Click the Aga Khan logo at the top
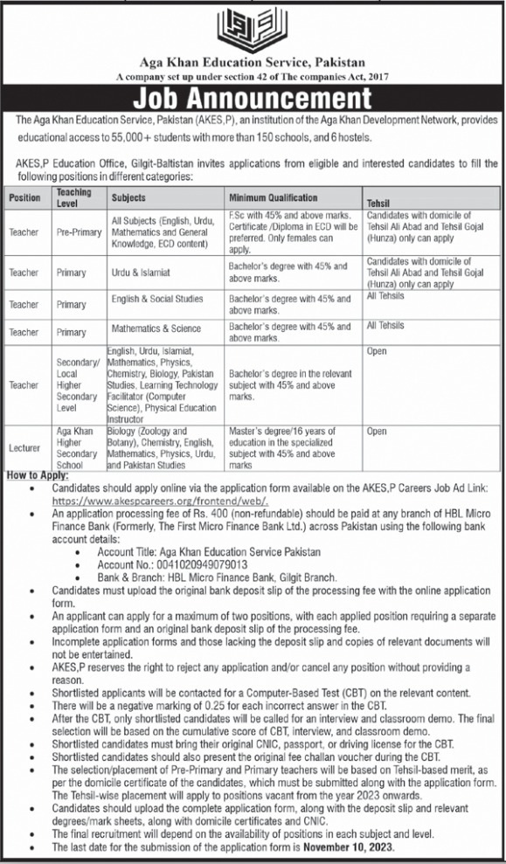(x=253, y=27)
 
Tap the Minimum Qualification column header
(x=274, y=197)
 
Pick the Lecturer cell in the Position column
(x=24, y=447)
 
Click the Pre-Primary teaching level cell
(x=78, y=233)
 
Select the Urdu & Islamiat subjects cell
(x=140, y=273)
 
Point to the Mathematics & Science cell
(x=155, y=328)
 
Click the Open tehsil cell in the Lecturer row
(x=377, y=432)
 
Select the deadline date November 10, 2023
(x=356, y=847)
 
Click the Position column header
(x=24, y=198)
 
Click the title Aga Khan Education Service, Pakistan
(x=253, y=63)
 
